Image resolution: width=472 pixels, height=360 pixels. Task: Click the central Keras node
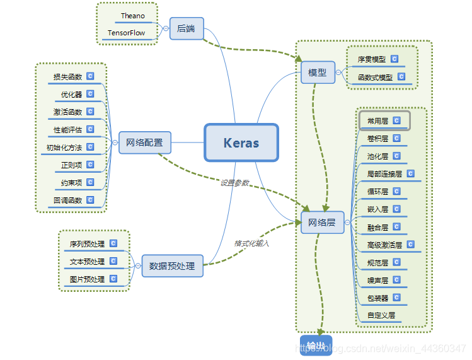[241, 142]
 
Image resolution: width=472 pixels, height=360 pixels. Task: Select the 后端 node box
[187, 28]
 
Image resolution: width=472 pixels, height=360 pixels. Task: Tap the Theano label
[133, 15]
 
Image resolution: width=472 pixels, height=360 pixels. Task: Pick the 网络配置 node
[144, 142]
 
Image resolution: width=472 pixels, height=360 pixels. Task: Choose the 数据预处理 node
[172, 266]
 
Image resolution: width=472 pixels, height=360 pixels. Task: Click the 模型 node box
[317, 73]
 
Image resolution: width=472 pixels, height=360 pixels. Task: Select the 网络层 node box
[322, 223]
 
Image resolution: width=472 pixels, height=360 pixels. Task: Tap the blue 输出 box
[316, 345]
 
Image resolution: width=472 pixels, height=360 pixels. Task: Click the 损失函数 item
[68, 77]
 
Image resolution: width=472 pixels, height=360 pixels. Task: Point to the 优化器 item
[72, 95]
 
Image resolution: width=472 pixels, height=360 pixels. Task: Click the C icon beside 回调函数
[90, 200]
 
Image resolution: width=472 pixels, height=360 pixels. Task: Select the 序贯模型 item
[371, 60]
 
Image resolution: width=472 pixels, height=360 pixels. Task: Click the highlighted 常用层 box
[384, 120]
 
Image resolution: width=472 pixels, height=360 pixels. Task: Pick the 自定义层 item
[381, 315]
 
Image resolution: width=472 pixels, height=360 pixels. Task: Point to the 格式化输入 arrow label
[251, 243]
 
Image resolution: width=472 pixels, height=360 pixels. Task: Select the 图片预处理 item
[87, 279]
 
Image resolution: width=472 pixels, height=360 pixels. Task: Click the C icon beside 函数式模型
[401, 77]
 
